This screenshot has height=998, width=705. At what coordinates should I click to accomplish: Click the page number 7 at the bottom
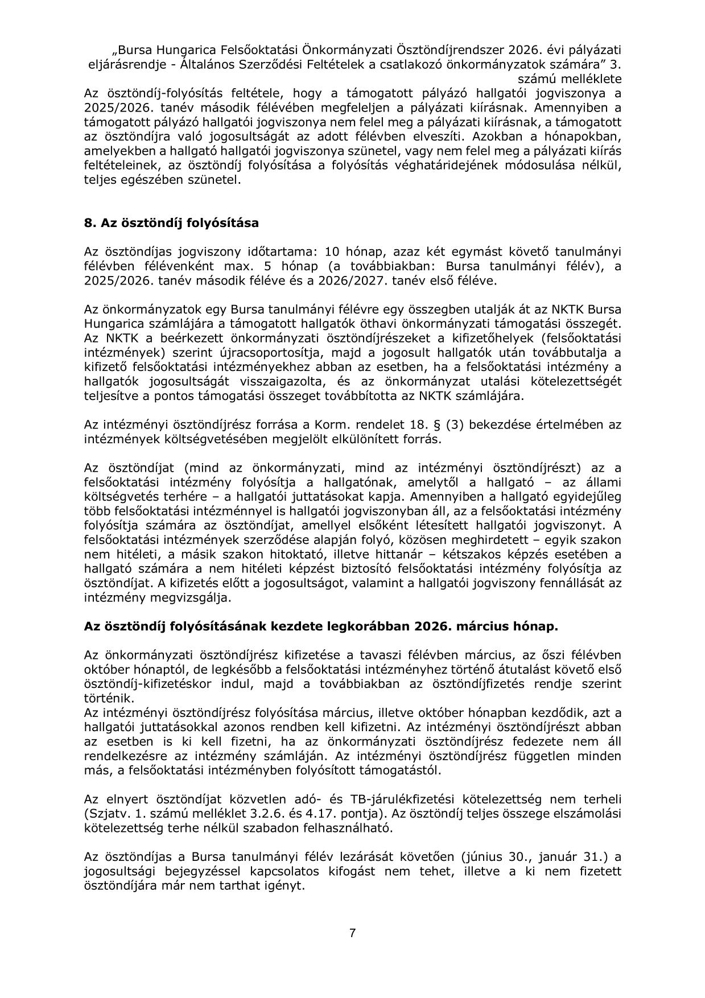352,933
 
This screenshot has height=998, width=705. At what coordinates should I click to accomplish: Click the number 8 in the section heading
89,223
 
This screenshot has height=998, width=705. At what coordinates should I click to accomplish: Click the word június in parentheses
492,857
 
